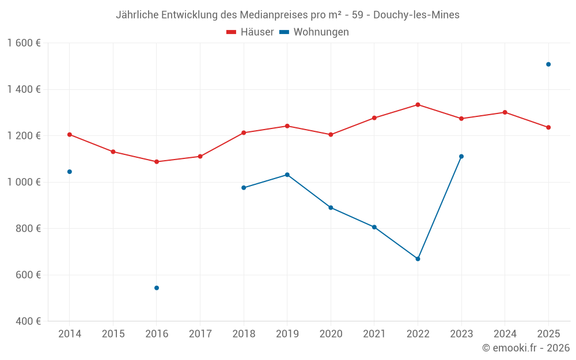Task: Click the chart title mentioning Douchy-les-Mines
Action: pyautogui.click(x=287, y=15)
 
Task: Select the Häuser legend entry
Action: pyautogui.click(x=250, y=32)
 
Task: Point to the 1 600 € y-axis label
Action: pyautogui.click(x=24, y=43)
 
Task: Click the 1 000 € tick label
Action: pyautogui.click(x=24, y=182)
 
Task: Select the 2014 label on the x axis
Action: pyautogui.click(x=70, y=334)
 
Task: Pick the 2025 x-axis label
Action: pyautogui.click(x=548, y=334)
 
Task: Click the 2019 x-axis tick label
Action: pyautogui.click(x=287, y=334)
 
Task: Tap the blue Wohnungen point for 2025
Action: pyautogui.click(x=548, y=65)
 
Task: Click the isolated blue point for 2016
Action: pyautogui.click(x=157, y=288)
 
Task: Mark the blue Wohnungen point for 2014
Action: pyautogui.click(x=70, y=172)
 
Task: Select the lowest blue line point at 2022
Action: pyautogui.click(x=418, y=259)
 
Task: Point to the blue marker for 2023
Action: pyautogui.click(x=461, y=156)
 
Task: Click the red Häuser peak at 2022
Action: pyautogui.click(x=418, y=105)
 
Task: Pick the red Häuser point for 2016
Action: pyautogui.click(x=157, y=162)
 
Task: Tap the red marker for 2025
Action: pyautogui.click(x=548, y=127)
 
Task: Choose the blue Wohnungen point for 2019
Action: pyautogui.click(x=287, y=175)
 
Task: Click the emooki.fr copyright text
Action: pyautogui.click(x=526, y=348)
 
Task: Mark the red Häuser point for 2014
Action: pyautogui.click(x=70, y=135)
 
